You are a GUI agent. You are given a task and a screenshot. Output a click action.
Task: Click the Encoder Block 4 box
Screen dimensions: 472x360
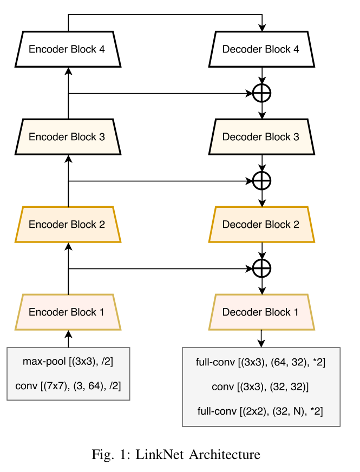tap(68, 49)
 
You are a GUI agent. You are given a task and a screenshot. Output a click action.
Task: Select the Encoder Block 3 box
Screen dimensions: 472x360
tap(68, 137)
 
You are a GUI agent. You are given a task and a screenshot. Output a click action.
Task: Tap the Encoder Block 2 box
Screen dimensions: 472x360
tap(68, 225)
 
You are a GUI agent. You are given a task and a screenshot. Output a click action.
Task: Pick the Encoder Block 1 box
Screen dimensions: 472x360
tap(68, 312)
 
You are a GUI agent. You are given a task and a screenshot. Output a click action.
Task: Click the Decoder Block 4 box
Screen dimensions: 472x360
tap(262, 49)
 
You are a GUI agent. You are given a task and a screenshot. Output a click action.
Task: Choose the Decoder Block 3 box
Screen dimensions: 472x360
tap(262, 137)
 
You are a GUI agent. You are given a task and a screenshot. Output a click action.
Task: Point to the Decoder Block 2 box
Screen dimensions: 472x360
tap(262, 225)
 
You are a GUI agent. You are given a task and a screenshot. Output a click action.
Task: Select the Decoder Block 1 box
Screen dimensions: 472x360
tap(262, 312)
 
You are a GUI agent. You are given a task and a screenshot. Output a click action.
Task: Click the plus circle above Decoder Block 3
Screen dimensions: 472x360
tap(262, 93)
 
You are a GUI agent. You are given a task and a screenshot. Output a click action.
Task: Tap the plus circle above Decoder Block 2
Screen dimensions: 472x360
tap(262, 180)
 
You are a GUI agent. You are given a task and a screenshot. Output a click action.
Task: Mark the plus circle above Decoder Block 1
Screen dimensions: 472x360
tap(262, 268)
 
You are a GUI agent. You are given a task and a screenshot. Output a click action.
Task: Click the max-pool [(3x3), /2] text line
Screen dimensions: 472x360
tap(68, 361)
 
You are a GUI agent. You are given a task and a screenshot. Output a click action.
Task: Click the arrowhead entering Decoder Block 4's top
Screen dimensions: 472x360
tap(262, 28)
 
